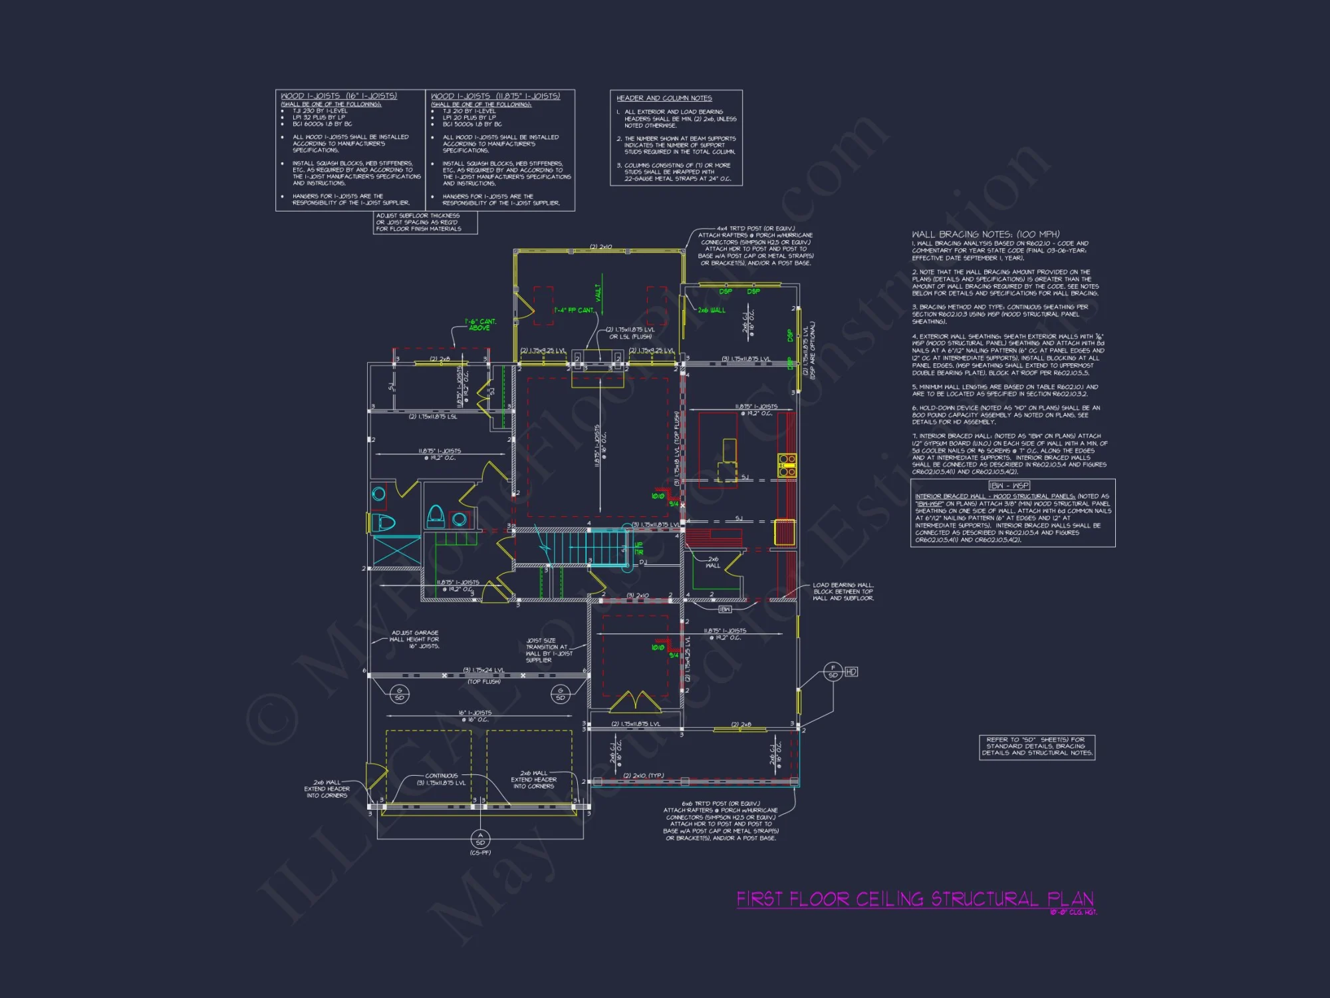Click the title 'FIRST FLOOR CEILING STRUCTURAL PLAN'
[914, 900]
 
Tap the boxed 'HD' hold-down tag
[851, 672]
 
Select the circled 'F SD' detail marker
[833, 671]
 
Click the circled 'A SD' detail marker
[480, 839]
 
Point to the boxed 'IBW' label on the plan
[725, 609]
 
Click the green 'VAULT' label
[598, 292]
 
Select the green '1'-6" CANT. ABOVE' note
[481, 325]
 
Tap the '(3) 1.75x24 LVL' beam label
[483, 670]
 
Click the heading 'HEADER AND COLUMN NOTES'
[664, 98]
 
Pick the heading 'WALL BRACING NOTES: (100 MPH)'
[986, 234]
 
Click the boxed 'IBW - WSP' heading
[1009, 486]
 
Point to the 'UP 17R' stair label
[638, 548]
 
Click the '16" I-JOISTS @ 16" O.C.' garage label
[475, 716]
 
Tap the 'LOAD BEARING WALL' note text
[843, 591]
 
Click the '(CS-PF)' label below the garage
[480, 852]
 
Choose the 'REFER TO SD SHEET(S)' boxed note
[1037, 746]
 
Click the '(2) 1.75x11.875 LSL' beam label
[432, 416]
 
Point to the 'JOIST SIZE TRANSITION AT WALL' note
[549, 650]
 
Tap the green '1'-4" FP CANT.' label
[574, 310]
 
